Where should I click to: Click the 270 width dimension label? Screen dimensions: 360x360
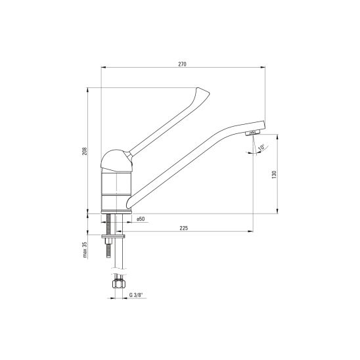pyautogui.click(x=182, y=64)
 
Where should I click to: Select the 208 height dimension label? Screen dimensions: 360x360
pyautogui.click(x=85, y=151)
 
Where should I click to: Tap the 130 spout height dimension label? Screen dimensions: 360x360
pyautogui.click(x=274, y=175)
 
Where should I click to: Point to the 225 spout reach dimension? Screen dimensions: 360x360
pyautogui.click(x=184, y=228)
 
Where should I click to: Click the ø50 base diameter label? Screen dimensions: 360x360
pyautogui.click(x=141, y=219)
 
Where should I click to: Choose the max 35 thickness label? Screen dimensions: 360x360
pyautogui.click(x=85, y=250)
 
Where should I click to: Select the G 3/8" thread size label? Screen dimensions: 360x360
pyautogui.click(x=137, y=295)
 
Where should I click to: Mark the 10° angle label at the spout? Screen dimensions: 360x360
pyautogui.click(x=261, y=147)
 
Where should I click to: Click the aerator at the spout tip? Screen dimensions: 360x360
pyautogui.click(x=252, y=133)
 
